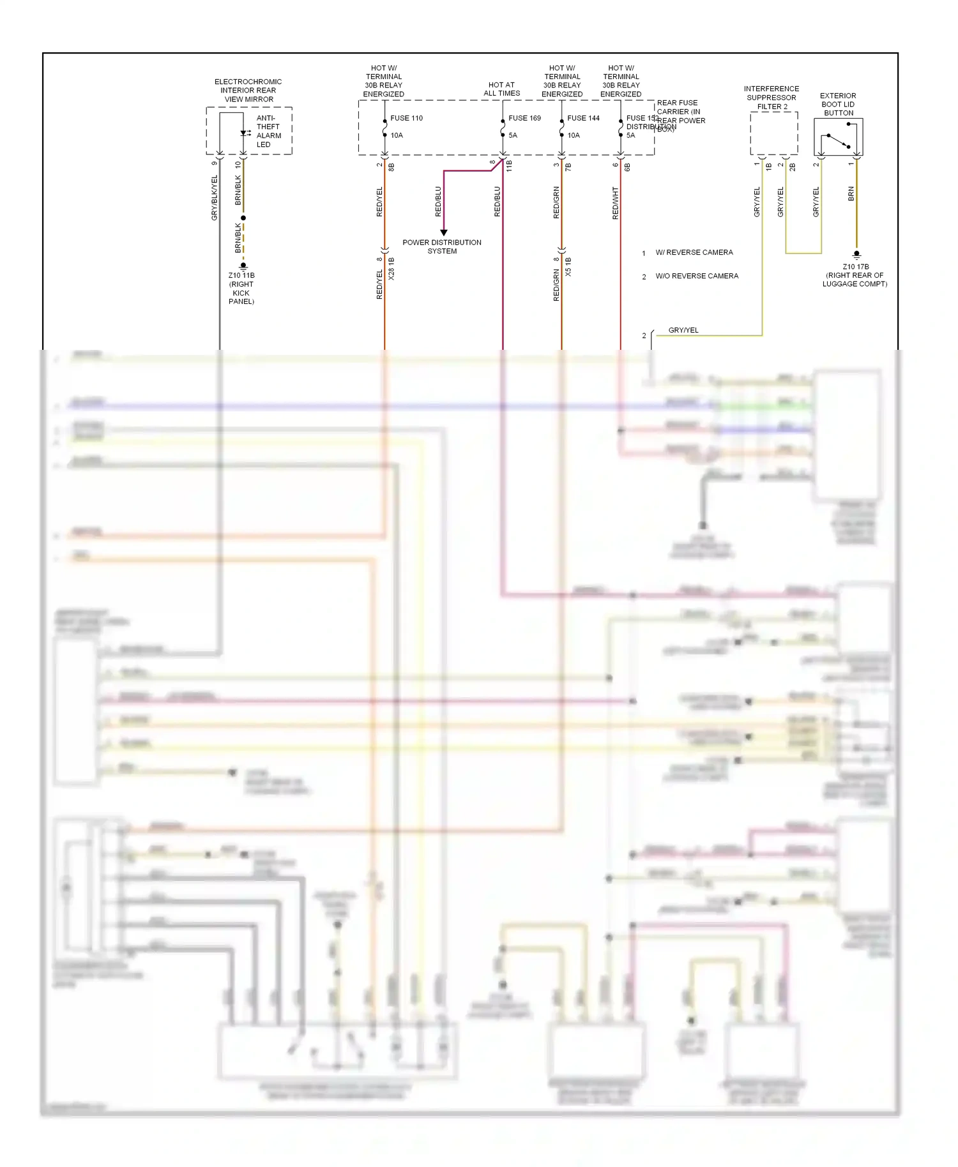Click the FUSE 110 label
pyautogui.click(x=406, y=118)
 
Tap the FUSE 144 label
pyautogui.click(x=583, y=118)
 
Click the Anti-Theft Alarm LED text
pyautogui.click(x=268, y=131)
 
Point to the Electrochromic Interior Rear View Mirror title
pyautogui.click(x=248, y=90)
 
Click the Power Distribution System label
pyautogui.click(x=442, y=246)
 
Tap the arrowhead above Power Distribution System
pyautogui.click(x=443, y=232)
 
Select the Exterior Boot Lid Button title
pyautogui.click(x=838, y=104)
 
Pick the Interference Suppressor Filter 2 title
pyautogui.click(x=771, y=98)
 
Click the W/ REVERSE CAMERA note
pyautogui.click(x=694, y=252)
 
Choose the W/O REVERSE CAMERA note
pyautogui.click(x=696, y=276)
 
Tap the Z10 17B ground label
pyautogui.click(x=855, y=275)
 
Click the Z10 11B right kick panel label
pyautogui.click(x=241, y=288)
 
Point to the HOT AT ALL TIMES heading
pyautogui.click(x=501, y=89)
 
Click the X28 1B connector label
pyautogui.click(x=392, y=269)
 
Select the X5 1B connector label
pyautogui.click(x=568, y=267)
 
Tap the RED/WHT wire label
pyautogui.click(x=615, y=203)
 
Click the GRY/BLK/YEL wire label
pyautogui.click(x=215, y=198)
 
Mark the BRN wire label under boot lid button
pyautogui.click(x=851, y=194)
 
